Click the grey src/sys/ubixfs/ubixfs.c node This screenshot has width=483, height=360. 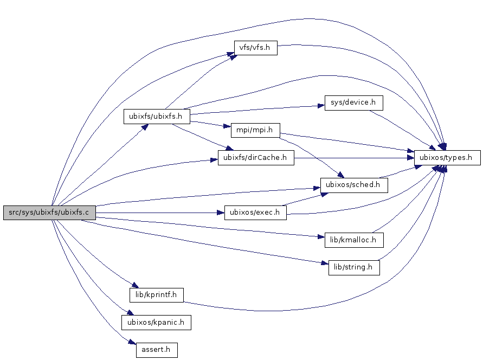click(x=49, y=213)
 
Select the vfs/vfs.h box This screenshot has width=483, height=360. click(x=255, y=48)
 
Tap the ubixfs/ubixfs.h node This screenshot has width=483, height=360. click(x=156, y=116)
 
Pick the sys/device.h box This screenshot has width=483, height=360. click(x=353, y=102)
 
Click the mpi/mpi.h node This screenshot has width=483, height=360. click(x=255, y=130)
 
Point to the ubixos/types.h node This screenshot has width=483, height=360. click(x=447, y=158)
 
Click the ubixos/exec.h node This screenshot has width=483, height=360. click(x=255, y=213)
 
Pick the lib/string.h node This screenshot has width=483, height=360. click(x=354, y=267)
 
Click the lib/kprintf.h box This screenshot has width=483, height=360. click(x=157, y=295)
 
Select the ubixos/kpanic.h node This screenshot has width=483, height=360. click(x=156, y=323)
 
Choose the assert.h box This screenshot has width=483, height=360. click(x=157, y=350)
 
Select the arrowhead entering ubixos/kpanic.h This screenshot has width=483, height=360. click(x=129, y=312)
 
